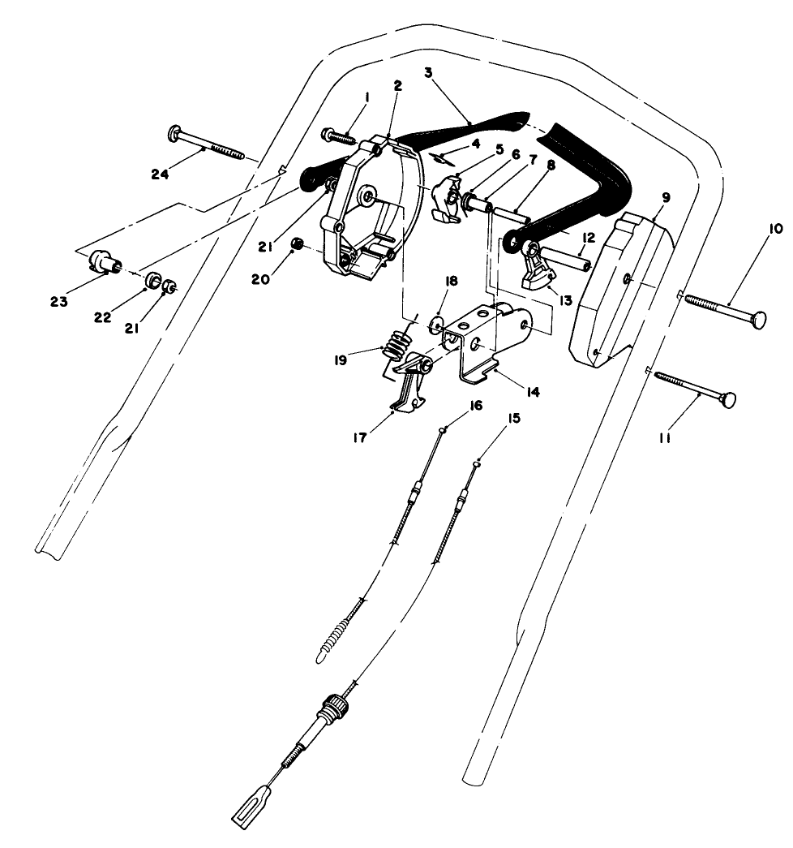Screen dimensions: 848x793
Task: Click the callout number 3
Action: (x=428, y=72)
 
